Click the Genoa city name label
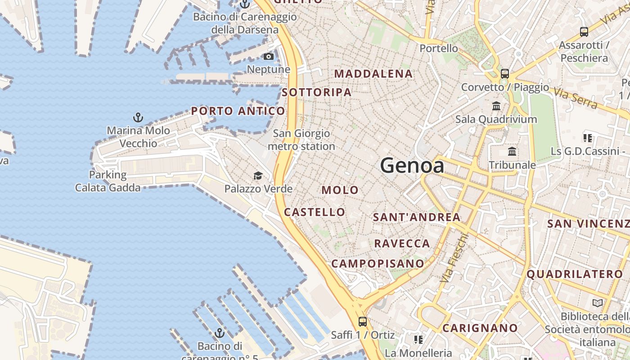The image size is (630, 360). pyautogui.click(x=412, y=166)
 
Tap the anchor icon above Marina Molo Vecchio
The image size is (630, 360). pyautogui.click(x=138, y=118)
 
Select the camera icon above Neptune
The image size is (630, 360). pyautogui.click(x=269, y=56)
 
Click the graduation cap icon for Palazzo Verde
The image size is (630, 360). pyautogui.click(x=258, y=175)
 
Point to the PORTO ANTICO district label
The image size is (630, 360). pyautogui.click(x=238, y=111)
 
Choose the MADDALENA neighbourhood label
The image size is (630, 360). pyautogui.click(x=373, y=74)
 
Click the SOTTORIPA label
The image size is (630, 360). pyautogui.click(x=316, y=92)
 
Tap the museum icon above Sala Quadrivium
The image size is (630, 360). pyautogui.click(x=496, y=106)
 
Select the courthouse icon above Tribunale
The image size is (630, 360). pyautogui.click(x=512, y=152)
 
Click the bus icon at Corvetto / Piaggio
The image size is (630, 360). pyautogui.click(x=505, y=74)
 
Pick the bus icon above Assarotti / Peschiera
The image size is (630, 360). pyautogui.click(x=584, y=32)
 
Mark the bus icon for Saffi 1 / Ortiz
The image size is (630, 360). pyautogui.click(x=363, y=322)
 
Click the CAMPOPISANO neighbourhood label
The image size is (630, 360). pyautogui.click(x=378, y=264)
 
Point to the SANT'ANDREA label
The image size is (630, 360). pyautogui.click(x=417, y=217)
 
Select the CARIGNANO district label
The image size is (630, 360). pyautogui.click(x=480, y=328)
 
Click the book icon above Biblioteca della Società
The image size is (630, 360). pyautogui.click(x=598, y=303)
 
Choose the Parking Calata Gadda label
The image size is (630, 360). pyautogui.click(x=108, y=181)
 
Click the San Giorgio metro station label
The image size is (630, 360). pyautogui.click(x=301, y=140)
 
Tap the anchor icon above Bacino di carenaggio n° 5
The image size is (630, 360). pyautogui.click(x=220, y=333)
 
